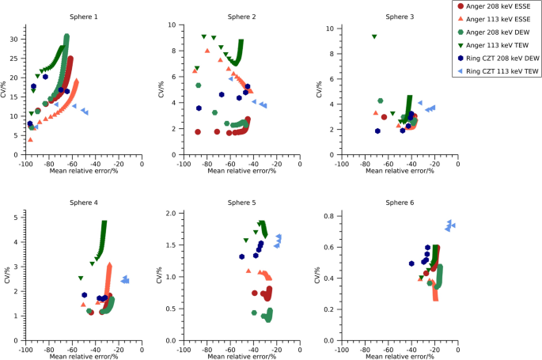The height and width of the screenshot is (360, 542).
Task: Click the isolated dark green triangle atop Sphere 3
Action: [x=374, y=36]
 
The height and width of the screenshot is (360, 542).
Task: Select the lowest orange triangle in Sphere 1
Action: [x=30, y=139]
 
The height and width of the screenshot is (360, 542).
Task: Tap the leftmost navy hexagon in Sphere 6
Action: [x=411, y=263]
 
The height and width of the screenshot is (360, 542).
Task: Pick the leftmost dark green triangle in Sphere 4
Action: [x=81, y=278]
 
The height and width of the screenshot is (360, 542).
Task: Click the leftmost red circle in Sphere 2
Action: [x=198, y=131]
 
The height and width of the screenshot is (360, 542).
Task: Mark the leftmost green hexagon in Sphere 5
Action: [x=254, y=313]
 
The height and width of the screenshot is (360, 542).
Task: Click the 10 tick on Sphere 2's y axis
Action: [x=172, y=25]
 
